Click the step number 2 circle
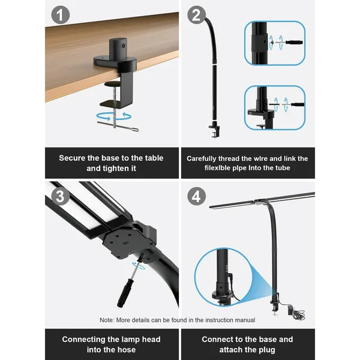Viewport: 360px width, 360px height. click(196, 15)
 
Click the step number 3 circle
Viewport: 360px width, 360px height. click(58, 196)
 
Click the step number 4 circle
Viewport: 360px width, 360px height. click(196, 196)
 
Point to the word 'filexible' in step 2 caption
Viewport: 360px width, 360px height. click(217, 169)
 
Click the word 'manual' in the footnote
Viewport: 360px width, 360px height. click(243, 320)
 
